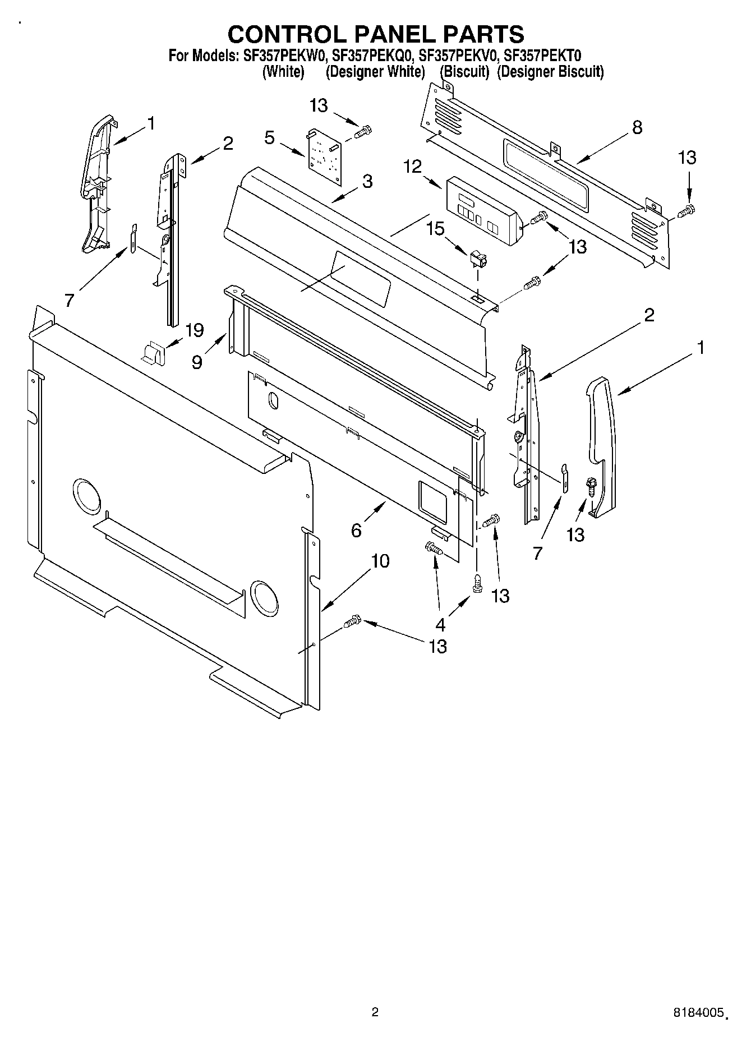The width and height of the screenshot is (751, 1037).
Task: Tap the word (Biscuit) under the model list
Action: [x=464, y=72]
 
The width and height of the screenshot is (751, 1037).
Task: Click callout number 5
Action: [x=270, y=137]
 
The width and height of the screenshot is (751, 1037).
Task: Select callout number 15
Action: [x=435, y=228]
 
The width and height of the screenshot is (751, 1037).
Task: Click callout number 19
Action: [x=194, y=330]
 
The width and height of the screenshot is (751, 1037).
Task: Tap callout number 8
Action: [x=637, y=127]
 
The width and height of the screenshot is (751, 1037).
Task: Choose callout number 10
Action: [x=380, y=560]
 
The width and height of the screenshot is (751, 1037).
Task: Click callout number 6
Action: [x=356, y=529]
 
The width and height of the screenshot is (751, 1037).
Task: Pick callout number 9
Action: [x=197, y=362]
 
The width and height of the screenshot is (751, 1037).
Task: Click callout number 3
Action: [x=367, y=181]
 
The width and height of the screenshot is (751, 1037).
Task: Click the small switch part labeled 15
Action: [x=477, y=259]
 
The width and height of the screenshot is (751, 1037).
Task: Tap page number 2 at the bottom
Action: [x=375, y=1012]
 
